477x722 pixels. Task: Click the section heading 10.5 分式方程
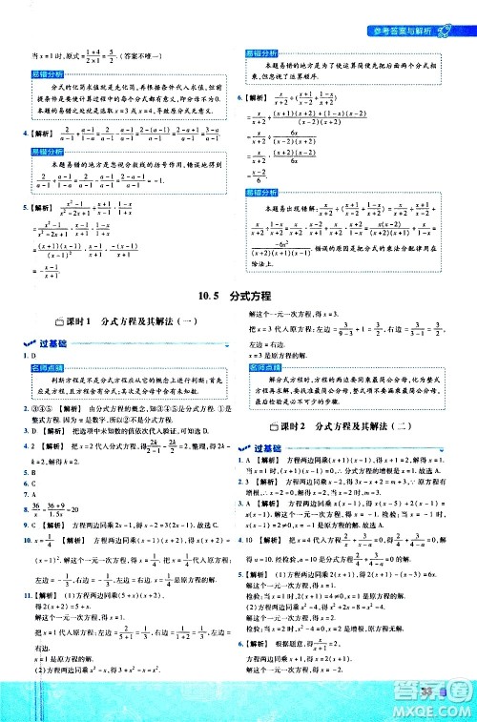pyautogui.click(x=238, y=297)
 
